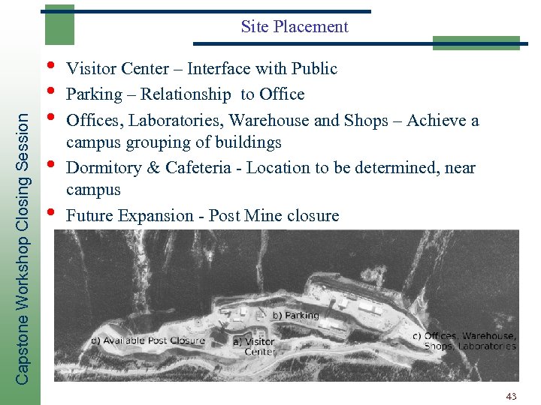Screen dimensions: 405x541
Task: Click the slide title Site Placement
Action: point(295,27)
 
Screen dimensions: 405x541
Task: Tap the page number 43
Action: point(512,395)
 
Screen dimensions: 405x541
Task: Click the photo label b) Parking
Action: point(295,316)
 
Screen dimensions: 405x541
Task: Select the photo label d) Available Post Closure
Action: point(147,340)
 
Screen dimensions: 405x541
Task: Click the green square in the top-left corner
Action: point(59,24)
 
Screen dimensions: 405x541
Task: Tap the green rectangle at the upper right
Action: point(476,42)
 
